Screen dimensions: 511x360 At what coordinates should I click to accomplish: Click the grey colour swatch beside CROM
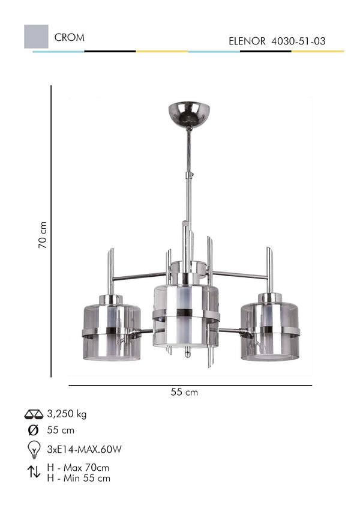tap(35, 37)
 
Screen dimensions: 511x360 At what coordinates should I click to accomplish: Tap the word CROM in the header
tap(69, 37)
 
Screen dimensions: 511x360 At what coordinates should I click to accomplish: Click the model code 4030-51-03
tap(299, 41)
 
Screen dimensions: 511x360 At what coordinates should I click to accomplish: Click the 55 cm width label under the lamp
tap(184, 392)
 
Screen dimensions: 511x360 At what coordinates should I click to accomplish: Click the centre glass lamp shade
tap(186, 315)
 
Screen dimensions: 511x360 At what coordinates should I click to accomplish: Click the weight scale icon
tap(34, 414)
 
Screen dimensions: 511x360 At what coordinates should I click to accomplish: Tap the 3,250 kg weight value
tap(67, 414)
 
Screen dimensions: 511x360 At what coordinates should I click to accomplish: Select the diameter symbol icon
tap(34, 430)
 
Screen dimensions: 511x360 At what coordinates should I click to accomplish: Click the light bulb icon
tap(34, 449)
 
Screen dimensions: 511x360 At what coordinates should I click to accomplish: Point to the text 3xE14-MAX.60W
tap(84, 449)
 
